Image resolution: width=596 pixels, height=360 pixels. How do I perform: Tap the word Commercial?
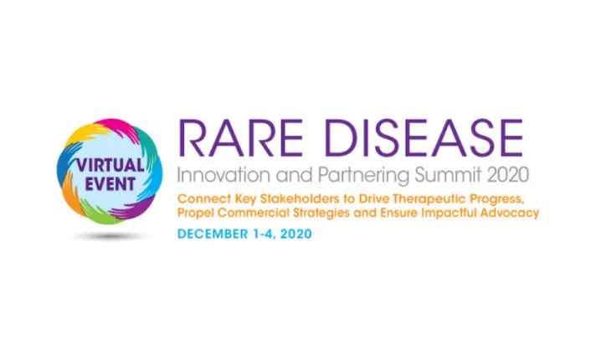(249, 213)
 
